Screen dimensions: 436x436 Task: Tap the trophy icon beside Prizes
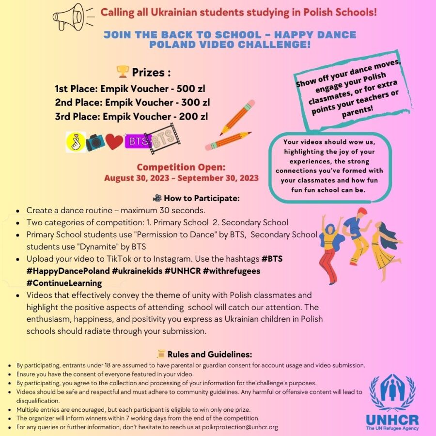coord(123,72)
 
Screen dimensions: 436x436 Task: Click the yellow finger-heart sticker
coord(75,141)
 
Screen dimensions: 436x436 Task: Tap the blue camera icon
coord(95,141)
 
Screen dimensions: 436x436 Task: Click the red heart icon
coord(114,141)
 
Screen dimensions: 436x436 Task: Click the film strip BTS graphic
coord(162,140)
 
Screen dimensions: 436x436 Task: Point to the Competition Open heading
coord(181,168)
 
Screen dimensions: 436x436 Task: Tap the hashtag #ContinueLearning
coord(64,283)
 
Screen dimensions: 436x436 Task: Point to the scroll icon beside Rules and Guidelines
coord(161,354)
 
